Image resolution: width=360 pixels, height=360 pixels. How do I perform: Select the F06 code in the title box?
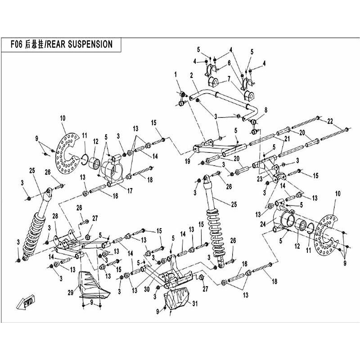pos(17,44)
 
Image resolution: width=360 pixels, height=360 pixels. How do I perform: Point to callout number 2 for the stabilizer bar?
pos(192,75)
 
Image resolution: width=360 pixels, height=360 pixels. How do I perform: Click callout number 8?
pos(266,110)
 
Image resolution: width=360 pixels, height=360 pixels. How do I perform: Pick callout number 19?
pos(188,161)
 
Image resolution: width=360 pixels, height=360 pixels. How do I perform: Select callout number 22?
pos(330,121)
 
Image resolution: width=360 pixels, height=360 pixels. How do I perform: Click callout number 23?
pos(260,179)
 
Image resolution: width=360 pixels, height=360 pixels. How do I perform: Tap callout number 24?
pos(263,224)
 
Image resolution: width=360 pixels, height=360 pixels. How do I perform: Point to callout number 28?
pos(55,216)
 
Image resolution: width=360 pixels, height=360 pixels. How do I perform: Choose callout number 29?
pos(71,292)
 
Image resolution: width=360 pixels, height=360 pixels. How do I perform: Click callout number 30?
pos(147,289)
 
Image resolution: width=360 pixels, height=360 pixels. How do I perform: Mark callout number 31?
pos(195,304)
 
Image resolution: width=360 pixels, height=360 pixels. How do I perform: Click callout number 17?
pos(130,191)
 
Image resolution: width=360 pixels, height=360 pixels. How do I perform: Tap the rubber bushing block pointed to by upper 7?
pos(213,82)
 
